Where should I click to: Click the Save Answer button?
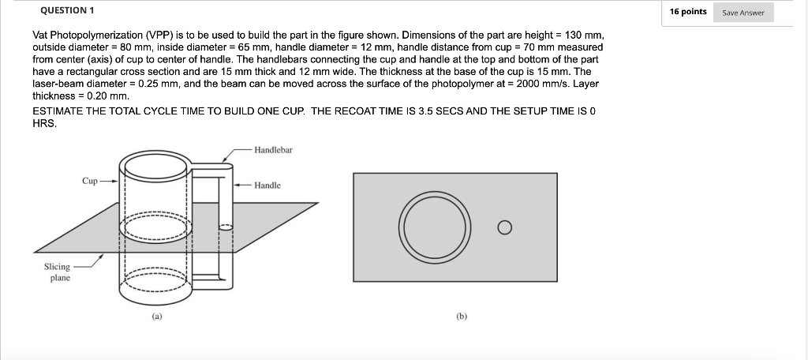tap(744, 13)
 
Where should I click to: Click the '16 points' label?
tap(687, 12)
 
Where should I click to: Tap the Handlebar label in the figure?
tap(273, 150)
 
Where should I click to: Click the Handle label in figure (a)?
tap(267, 186)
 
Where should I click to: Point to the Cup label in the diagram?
tap(90, 181)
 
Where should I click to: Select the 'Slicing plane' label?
tap(57, 272)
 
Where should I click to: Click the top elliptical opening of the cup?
tap(156, 167)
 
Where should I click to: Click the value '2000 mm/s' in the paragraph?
tap(533, 83)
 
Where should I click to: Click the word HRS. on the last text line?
tap(44, 123)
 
